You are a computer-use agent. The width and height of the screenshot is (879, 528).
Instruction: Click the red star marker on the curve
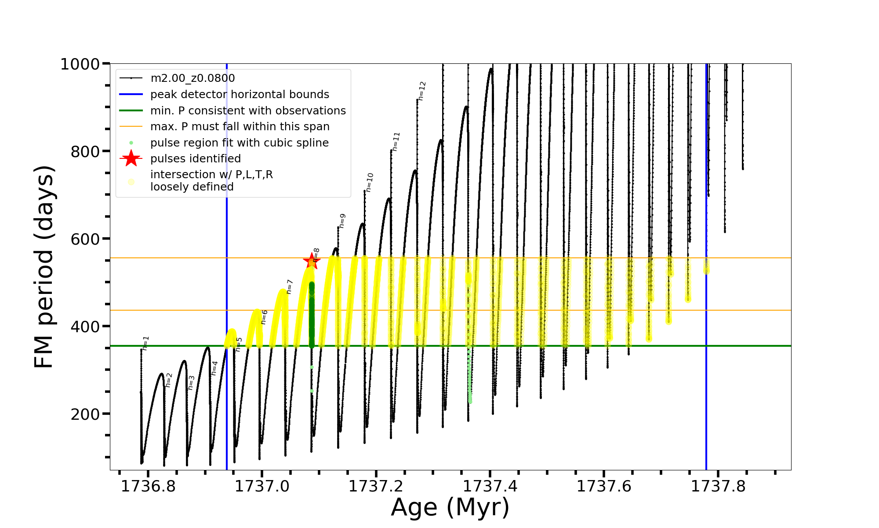pos(312,261)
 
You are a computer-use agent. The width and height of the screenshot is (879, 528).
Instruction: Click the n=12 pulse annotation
pos(422,91)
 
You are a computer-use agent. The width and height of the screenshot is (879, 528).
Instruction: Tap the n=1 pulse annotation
pos(146,343)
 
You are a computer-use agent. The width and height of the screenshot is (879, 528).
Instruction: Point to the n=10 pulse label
pos(369,182)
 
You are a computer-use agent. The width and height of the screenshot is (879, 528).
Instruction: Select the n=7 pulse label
pos(289,286)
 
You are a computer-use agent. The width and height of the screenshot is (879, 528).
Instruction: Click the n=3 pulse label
pos(191,382)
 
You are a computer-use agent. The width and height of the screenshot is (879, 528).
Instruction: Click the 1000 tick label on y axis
pos(80,64)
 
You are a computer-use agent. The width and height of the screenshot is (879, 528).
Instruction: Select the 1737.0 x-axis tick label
pos(262,487)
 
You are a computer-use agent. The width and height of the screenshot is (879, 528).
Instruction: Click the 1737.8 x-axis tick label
pos(718,487)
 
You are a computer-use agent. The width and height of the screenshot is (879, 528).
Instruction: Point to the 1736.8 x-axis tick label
pos(148,487)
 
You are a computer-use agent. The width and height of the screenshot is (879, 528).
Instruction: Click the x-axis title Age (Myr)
pos(450,507)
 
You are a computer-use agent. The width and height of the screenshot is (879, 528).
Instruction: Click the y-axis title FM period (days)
pos(44,267)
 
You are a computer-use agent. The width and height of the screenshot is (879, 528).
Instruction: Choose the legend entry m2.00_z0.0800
pos(193,78)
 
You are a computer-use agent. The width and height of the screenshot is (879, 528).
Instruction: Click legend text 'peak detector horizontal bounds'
pos(240,95)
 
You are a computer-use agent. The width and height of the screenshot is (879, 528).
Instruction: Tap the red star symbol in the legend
pos(131,158)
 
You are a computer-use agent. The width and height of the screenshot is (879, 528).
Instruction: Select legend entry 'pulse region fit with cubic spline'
pos(239,143)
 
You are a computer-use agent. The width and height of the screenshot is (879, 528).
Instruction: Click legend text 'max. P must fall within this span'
pos(240,127)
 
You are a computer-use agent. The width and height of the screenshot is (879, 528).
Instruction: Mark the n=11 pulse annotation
pos(396,142)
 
